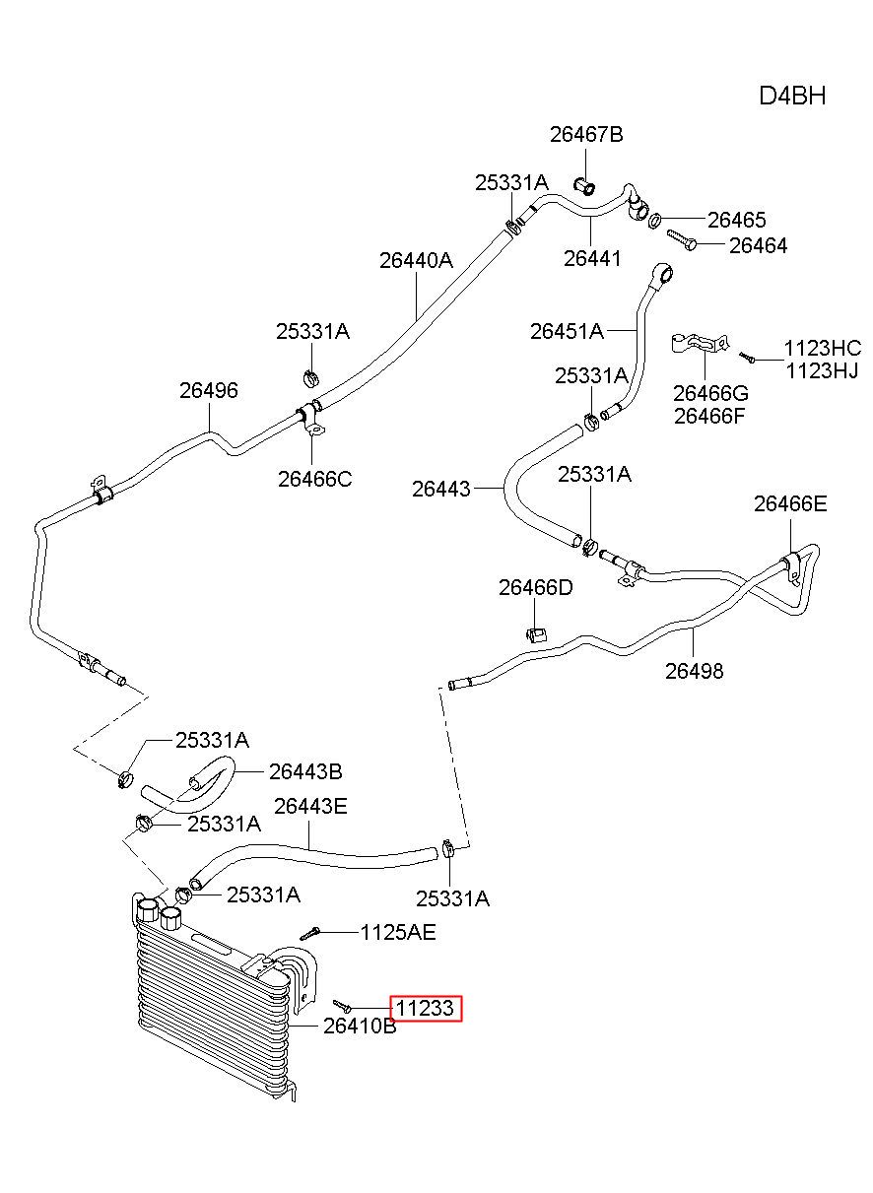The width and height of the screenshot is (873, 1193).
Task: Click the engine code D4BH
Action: pos(791,96)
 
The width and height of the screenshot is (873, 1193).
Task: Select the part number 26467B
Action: pos(586,135)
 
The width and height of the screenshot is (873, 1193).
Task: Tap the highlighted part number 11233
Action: pos(425,1008)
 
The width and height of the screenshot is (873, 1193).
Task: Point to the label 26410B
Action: pos(360,1027)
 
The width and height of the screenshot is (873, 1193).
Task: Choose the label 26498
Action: pos(694,671)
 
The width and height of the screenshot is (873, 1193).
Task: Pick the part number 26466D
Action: pos(535,587)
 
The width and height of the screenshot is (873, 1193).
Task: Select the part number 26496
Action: pos(208,390)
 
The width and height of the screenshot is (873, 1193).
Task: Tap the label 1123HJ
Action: pos(822,370)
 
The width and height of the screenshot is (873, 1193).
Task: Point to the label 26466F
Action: pos(709,416)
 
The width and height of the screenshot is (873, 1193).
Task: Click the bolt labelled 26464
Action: pos(681,239)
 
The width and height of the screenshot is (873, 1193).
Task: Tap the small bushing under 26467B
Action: pos(584,187)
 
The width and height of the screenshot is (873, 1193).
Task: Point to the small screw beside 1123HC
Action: pos(747,357)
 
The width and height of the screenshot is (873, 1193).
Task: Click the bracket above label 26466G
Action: pos(699,343)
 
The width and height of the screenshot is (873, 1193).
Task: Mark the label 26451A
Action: pos(567,332)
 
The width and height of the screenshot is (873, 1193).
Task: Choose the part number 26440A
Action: pos(416,260)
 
